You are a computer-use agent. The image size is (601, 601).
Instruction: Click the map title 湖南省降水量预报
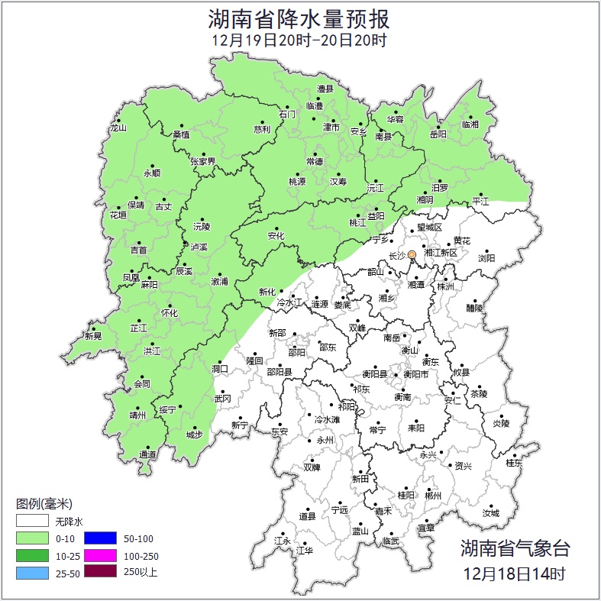(300, 18)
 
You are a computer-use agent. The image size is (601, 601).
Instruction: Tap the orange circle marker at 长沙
(412, 254)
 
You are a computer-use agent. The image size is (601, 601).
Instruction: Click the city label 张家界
(203, 161)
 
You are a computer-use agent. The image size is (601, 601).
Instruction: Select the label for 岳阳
(438, 134)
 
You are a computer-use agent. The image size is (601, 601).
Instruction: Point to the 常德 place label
(315, 161)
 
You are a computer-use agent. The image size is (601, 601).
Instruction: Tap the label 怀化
(170, 313)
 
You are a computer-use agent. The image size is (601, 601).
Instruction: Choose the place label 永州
(325, 441)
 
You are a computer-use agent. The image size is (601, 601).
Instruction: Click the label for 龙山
(118, 128)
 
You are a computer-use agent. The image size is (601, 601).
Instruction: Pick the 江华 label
(305, 550)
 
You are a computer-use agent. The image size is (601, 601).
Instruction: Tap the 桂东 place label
(514, 463)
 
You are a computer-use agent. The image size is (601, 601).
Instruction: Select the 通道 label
(147, 455)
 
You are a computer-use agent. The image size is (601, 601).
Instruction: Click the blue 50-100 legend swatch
(99, 538)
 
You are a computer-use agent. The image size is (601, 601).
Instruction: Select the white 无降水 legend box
(33, 522)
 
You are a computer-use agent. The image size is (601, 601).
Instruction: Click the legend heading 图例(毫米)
(44, 504)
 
